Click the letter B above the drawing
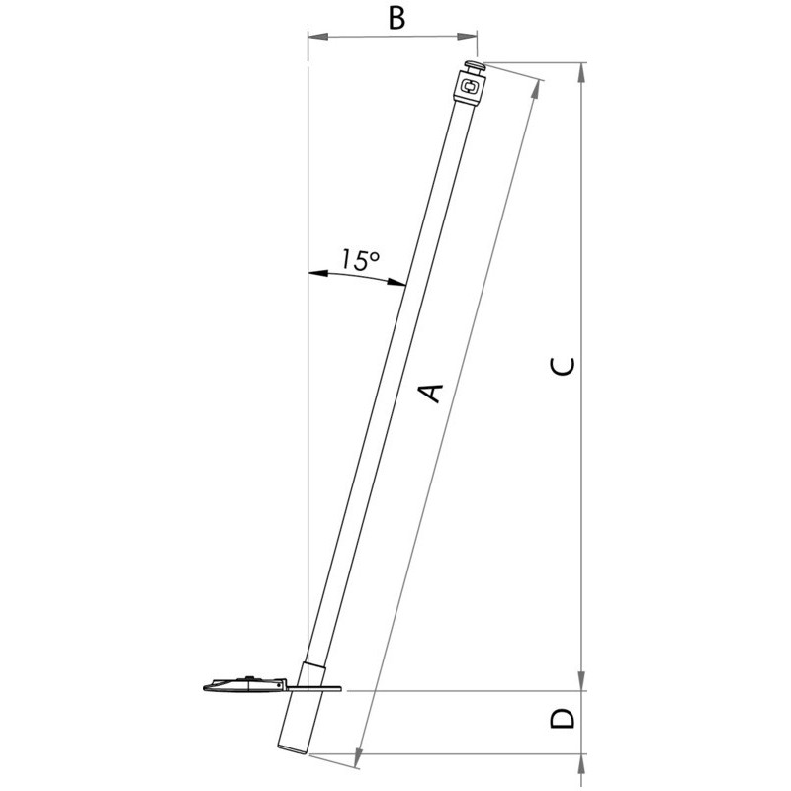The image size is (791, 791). click(x=397, y=19)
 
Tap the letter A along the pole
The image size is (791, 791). click(x=431, y=393)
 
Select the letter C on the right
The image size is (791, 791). click(x=562, y=366)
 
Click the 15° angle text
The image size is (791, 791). click(x=360, y=259)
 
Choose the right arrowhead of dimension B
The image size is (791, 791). click(x=467, y=36)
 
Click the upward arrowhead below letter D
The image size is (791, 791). click(x=581, y=764)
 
